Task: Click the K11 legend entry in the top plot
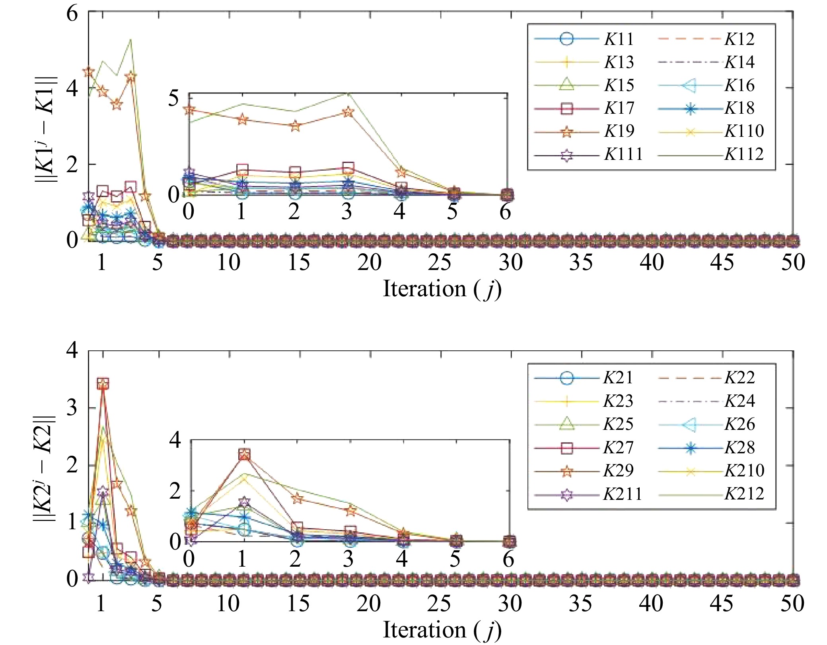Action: click(x=619, y=39)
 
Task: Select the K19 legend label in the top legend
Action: click(x=619, y=131)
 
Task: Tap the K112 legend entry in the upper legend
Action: click(x=743, y=154)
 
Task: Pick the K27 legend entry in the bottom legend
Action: click(x=618, y=448)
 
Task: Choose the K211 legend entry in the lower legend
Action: click(x=622, y=494)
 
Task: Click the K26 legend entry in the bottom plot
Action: click(x=739, y=424)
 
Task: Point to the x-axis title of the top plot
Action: click(x=442, y=289)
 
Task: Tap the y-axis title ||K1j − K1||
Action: click(x=46, y=129)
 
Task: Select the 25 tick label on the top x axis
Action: click(x=440, y=263)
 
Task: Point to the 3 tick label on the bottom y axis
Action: click(x=72, y=408)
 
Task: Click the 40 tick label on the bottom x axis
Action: click(x=651, y=604)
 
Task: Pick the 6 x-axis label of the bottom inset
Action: click(x=508, y=559)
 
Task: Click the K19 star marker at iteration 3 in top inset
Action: click(x=348, y=112)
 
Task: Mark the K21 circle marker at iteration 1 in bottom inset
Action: click(x=244, y=529)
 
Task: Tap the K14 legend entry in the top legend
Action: click(x=739, y=62)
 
